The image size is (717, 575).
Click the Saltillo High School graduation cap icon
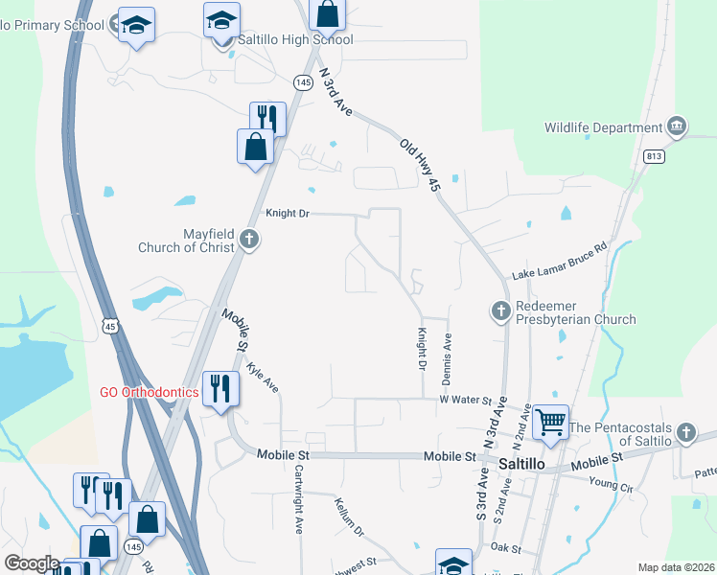(x=222, y=20)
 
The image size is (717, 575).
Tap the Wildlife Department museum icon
(x=677, y=126)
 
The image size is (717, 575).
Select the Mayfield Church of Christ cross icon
(x=249, y=240)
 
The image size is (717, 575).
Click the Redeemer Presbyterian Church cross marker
(x=500, y=310)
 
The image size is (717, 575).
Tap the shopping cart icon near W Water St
(x=550, y=420)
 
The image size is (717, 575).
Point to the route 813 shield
(x=655, y=157)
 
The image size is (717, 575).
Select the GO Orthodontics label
(x=150, y=393)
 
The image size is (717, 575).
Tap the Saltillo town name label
(x=522, y=463)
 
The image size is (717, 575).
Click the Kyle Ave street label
(x=263, y=378)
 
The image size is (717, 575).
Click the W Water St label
(x=465, y=399)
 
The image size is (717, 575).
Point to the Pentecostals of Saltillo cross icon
(x=685, y=433)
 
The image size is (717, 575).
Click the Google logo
(x=31, y=564)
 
